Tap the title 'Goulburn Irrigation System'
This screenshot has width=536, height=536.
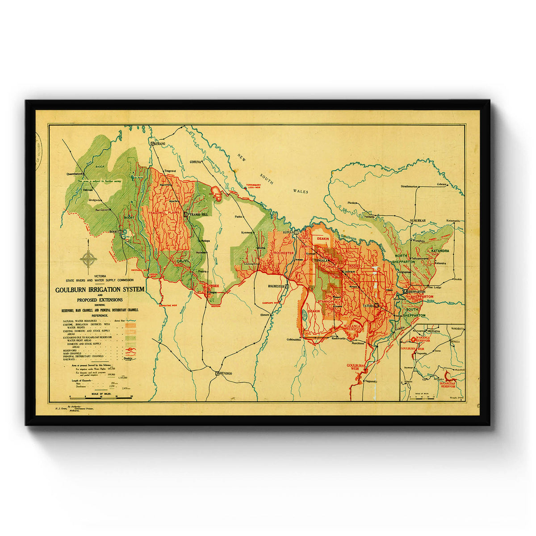[x=100, y=289]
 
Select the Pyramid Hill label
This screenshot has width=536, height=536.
[x=199, y=214]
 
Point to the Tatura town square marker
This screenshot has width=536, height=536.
[x=377, y=305]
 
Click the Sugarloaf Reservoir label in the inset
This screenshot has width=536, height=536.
[x=450, y=384]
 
